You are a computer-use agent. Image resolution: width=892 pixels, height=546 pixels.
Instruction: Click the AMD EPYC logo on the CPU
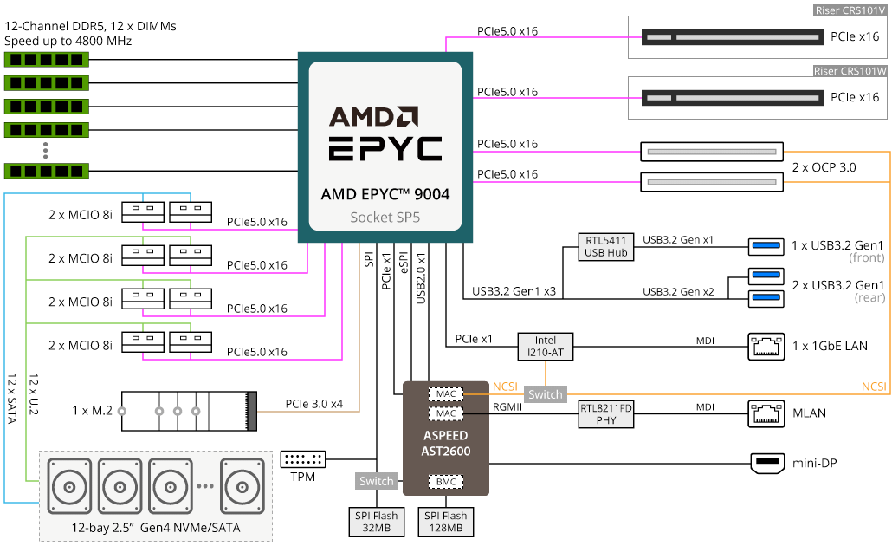click(385, 133)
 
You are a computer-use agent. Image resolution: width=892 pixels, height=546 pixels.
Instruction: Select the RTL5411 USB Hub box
click(606, 246)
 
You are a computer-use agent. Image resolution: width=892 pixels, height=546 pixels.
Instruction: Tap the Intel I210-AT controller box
click(545, 346)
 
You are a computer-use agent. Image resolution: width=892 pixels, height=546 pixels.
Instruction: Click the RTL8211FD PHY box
click(606, 414)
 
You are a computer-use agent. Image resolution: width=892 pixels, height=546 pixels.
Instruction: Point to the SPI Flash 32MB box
click(377, 522)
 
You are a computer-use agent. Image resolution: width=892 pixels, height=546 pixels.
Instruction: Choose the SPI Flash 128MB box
click(445, 522)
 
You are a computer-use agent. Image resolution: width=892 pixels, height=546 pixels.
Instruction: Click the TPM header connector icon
click(302, 458)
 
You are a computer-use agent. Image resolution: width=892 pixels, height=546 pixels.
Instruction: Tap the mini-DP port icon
click(767, 463)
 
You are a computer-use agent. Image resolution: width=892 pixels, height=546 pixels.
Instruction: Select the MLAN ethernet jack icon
click(766, 413)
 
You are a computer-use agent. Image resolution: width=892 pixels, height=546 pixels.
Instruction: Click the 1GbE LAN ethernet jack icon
click(766, 346)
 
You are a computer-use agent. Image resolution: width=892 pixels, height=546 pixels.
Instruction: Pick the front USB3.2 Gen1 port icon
click(766, 246)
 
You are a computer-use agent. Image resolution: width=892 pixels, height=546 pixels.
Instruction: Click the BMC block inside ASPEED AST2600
click(445, 482)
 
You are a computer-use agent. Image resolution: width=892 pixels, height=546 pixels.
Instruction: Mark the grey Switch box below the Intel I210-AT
click(545, 394)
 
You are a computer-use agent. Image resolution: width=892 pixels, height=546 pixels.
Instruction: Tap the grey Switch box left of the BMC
click(376, 481)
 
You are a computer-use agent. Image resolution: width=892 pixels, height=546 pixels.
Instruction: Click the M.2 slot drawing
click(189, 411)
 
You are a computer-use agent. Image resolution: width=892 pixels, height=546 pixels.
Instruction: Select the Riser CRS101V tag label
click(850, 10)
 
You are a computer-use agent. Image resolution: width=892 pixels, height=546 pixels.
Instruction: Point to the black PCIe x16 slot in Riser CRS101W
click(733, 97)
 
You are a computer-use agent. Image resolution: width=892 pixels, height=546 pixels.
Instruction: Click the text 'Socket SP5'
click(385, 217)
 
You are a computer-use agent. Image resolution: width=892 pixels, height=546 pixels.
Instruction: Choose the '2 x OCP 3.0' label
click(824, 167)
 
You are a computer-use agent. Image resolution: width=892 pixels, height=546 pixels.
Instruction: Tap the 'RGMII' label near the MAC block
click(507, 407)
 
